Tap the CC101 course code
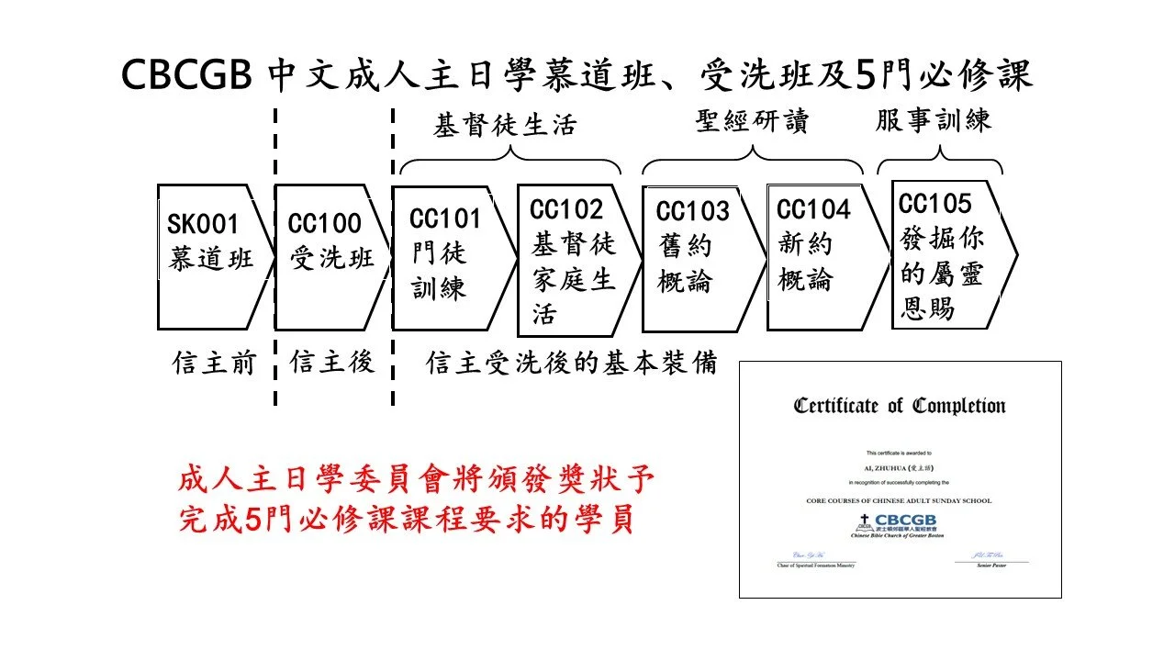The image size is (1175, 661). click(x=445, y=219)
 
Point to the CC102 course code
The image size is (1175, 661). click(x=566, y=210)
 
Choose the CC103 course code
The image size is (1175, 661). click(x=692, y=212)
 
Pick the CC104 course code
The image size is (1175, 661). click(x=813, y=210)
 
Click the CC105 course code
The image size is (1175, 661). click(x=934, y=203)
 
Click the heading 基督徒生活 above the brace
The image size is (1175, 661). click(x=505, y=126)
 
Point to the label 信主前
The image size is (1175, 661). click(x=210, y=364)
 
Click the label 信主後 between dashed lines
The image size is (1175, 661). click(x=331, y=364)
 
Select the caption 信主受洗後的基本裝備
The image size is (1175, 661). click(x=571, y=364)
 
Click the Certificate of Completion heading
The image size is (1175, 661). click(x=900, y=406)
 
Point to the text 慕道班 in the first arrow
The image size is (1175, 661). click(x=210, y=260)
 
